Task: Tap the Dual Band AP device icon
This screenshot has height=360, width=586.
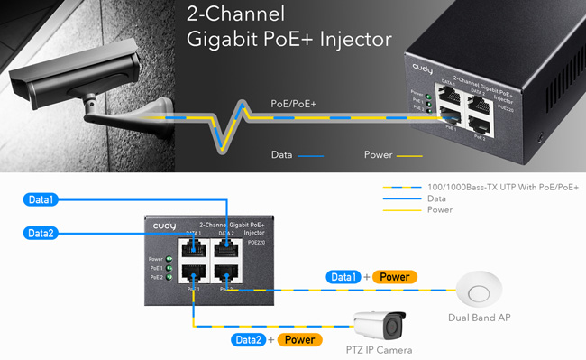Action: click(479, 291)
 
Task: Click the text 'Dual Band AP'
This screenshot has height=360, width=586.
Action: click(479, 318)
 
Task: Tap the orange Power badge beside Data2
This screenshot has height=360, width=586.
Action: click(300, 339)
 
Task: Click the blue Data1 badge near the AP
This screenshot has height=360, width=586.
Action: click(343, 277)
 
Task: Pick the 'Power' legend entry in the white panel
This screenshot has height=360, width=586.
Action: click(441, 209)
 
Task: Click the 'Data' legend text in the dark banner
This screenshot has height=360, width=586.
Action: click(281, 154)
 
